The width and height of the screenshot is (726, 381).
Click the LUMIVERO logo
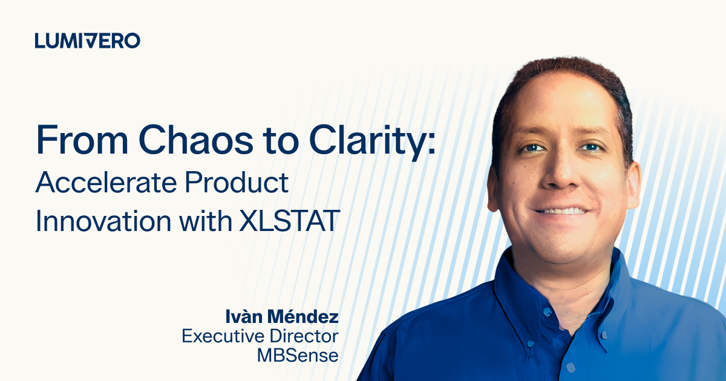[88, 41]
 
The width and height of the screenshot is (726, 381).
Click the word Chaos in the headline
[196, 140]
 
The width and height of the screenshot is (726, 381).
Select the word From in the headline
[82, 140]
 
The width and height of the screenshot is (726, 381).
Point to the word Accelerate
[106, 183]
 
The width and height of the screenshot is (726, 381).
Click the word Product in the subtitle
[237, 183]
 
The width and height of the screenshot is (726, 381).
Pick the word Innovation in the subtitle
[103, 221]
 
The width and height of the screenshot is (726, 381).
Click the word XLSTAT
[289, 221]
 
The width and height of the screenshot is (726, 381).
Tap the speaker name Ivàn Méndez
[282, 316]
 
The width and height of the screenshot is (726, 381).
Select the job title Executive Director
[260, 336]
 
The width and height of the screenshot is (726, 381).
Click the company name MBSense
[298, 355]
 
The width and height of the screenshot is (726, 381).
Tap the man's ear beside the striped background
[634, 184]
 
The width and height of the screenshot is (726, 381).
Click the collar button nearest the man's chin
[547, 312]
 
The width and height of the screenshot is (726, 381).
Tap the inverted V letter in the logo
[88, 41]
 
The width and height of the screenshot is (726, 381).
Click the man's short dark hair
[564, 70]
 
